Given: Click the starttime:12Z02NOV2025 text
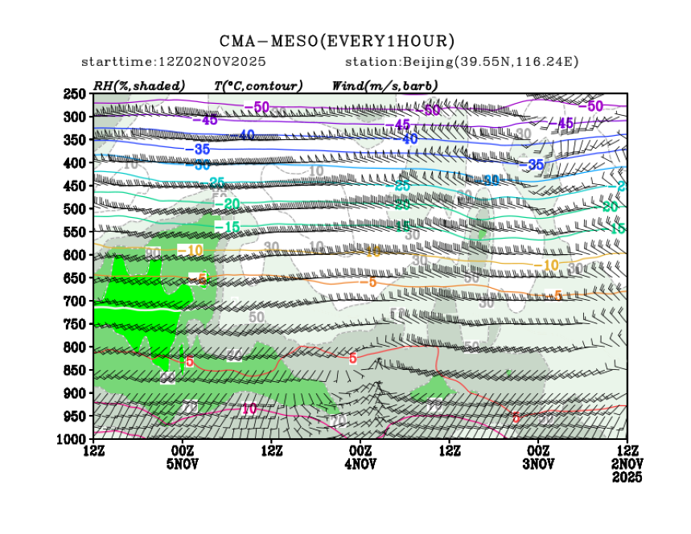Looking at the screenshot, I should coord(174,62).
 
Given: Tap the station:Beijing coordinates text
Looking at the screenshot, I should coord(462,62).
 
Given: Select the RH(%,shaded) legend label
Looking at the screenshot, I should coord(138,85).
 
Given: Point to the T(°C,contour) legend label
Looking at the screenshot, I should coord(257,85).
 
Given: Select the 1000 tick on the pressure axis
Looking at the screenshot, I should coord(75,439).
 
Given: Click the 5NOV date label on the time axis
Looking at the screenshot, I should coord(183,464).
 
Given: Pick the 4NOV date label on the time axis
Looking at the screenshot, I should coord(360,464).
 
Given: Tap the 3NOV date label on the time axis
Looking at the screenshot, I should coord(538,464).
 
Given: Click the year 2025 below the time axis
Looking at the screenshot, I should coord(627,477).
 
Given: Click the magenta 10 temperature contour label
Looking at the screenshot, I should coord(249,409).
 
